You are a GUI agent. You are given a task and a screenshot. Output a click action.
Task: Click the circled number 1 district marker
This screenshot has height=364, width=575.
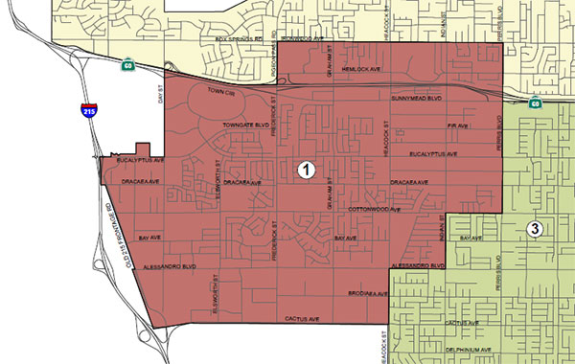[x=306, y=170]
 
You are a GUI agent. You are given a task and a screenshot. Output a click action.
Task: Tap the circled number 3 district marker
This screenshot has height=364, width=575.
[x=535, y=228]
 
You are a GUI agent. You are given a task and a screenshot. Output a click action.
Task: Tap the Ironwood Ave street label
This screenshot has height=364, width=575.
[x=316, y=40]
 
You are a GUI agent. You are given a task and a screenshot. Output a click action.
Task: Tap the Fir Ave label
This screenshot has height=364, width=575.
[x=457, y=125]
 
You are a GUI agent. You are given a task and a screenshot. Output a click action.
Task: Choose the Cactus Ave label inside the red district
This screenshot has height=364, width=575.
[x=299, y=316]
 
